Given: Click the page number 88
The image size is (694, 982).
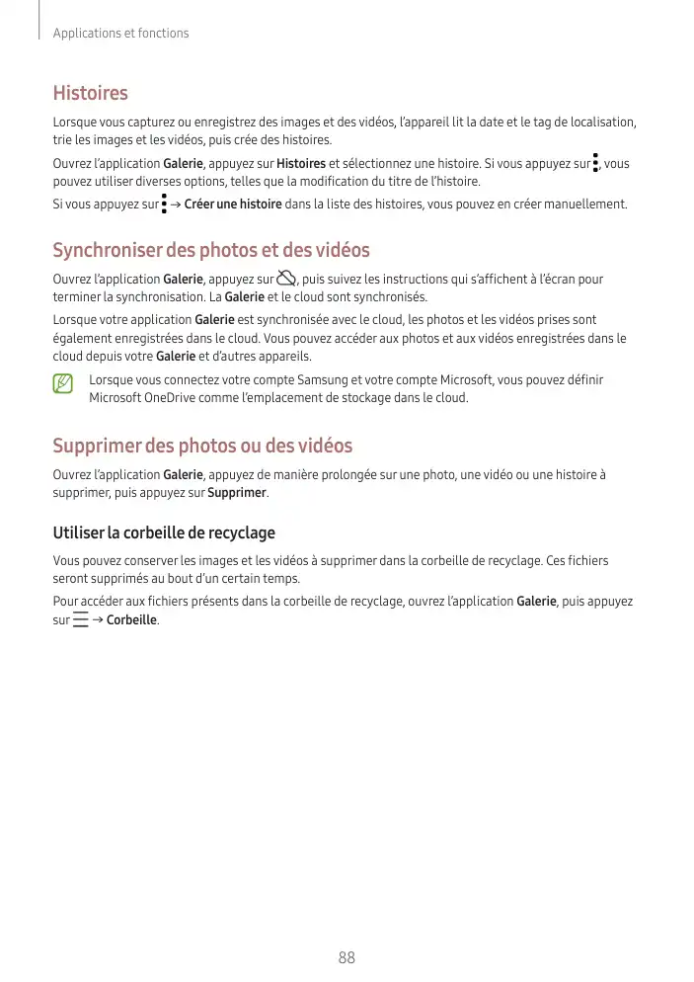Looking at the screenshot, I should tap(347, 957).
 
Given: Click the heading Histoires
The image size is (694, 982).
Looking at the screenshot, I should tap(90, 94).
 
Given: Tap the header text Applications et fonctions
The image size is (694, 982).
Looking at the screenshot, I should tap(120, 34).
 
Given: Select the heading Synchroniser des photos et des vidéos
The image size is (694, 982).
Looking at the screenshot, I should tap(210, 250).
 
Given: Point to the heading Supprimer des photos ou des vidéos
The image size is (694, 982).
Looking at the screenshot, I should tap(202, 446).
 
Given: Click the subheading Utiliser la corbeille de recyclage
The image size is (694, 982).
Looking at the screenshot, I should tap(164, 532).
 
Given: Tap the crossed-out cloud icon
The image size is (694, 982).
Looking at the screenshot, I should tap(287, 279).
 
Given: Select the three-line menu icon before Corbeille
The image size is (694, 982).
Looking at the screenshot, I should tap(81, 620).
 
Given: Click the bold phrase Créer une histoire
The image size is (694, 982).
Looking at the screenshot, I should tap(233, 205).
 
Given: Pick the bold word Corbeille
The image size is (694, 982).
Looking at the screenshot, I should tap(131, 620).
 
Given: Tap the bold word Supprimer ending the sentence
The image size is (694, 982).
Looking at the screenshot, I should tap(237, 492).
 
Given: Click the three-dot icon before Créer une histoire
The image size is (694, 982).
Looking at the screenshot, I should tap(163, 205).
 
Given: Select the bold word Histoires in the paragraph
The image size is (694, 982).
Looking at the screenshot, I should tap(301, 163).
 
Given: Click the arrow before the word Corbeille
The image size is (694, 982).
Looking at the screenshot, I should tap(98, 620).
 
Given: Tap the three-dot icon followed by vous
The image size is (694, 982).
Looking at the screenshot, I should tap(596, 163).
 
